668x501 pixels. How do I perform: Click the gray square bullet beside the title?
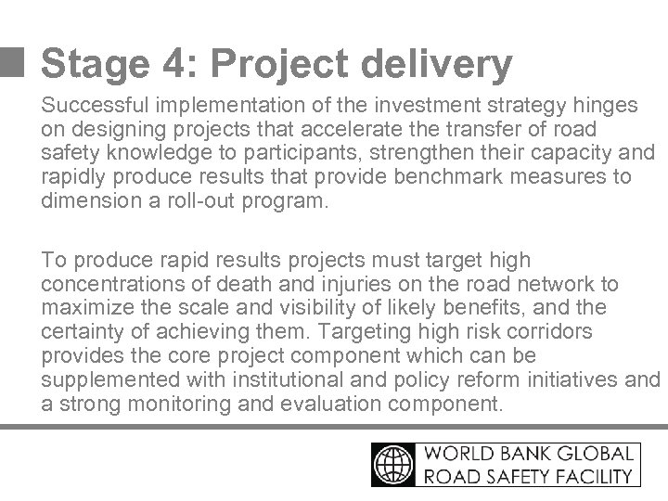coord(13,62)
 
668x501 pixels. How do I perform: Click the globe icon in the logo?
coord(394,465)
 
